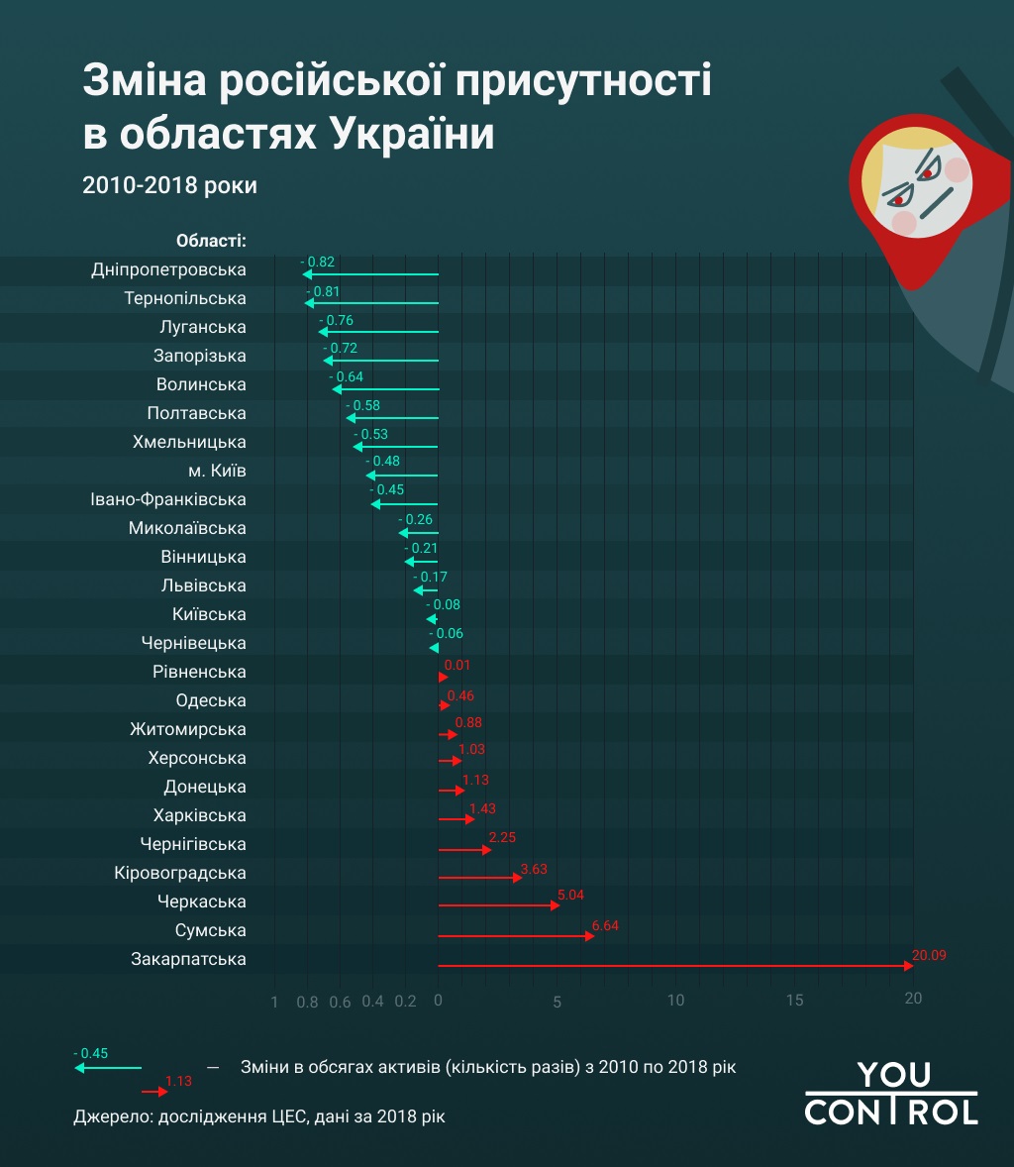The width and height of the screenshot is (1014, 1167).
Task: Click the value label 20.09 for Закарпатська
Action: (x=930, y=956)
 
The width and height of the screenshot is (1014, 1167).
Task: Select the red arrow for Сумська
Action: (x=516, y=935)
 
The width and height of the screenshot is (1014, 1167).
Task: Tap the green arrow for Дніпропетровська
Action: (x=370, y=274)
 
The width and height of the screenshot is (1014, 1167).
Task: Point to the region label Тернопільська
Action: (x=185, y=298)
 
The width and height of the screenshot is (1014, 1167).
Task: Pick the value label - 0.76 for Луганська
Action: (x=336, y=320)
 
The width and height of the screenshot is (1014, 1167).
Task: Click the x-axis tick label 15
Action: (x=794, y=1000)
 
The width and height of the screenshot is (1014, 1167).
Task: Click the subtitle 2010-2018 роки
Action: (x=169, y=185)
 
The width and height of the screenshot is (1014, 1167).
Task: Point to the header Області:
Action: (x=211, y=241)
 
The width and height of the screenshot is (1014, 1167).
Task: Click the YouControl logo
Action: (x=890, y=1093)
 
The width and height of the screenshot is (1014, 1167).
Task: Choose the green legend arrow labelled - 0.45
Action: (x=108, y=1068)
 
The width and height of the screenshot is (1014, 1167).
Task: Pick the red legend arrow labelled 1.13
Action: (x=154, y=1092)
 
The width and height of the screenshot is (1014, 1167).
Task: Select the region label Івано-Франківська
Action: (x=168, y=499)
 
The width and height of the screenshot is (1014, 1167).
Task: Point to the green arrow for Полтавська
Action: (x=391, y=418)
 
